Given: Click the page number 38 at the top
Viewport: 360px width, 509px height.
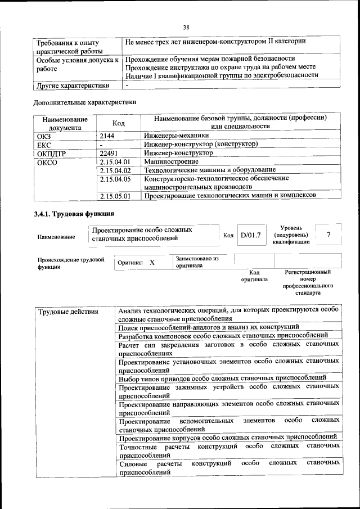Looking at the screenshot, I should [x=186, y=27].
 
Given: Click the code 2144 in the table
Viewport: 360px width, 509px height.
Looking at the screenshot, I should [x=107, y=136].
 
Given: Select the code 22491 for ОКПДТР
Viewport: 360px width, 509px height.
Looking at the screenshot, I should [x=109, y=152].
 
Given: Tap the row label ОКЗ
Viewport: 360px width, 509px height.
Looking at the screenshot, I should [x=43, y=136].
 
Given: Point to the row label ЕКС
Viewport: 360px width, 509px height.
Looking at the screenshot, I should [x=44, y=145].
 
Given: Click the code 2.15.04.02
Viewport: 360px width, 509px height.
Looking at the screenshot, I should [x=115, y=170].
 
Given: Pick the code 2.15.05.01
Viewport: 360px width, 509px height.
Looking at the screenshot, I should [x=115, y=196].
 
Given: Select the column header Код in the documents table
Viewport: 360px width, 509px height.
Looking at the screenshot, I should [x=118, y=123].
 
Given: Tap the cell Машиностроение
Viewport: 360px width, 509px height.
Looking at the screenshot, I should [x=171, y=161].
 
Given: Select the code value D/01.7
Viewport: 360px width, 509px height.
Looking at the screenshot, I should [x=250, y=235].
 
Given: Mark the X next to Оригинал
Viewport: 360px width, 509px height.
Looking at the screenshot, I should [x=152, y=262].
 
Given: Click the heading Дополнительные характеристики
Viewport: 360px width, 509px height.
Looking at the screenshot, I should [x=84, y=102].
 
